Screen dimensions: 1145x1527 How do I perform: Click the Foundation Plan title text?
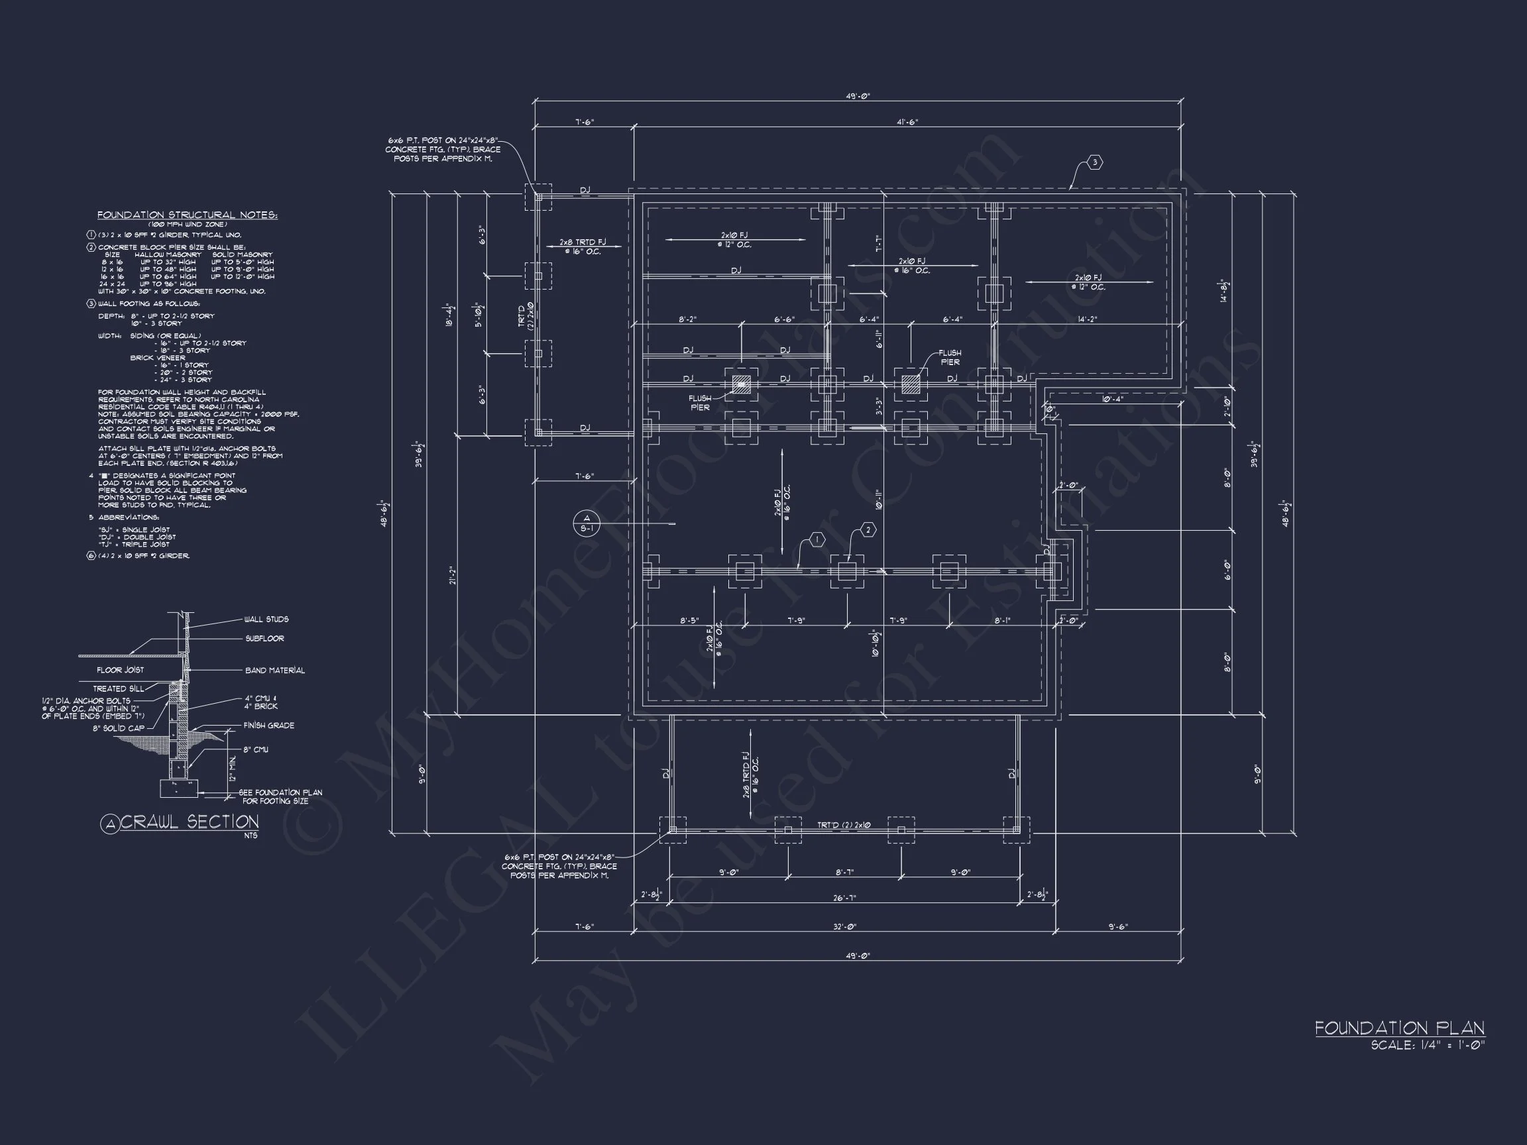1399,1028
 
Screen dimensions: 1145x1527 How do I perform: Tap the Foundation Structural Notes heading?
187,215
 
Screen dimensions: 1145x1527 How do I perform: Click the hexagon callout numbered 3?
1095,163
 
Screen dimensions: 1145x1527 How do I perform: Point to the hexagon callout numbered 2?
868,530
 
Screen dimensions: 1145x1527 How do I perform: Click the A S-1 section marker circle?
587,524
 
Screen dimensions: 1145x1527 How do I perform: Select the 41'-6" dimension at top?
907,122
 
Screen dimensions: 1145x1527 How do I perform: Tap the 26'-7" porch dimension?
844,898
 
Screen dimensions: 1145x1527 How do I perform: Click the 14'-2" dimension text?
1086,319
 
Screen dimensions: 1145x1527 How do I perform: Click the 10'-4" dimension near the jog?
1112,399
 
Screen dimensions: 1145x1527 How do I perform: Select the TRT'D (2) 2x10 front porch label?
844,825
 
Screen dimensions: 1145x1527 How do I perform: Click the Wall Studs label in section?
266,620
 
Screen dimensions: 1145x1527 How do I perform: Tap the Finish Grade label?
268,726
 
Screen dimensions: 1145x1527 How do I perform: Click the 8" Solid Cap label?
119,728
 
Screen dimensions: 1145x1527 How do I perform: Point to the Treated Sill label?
119,689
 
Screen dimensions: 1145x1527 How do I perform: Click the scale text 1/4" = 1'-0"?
1427,1046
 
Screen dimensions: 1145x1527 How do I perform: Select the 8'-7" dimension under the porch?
844,873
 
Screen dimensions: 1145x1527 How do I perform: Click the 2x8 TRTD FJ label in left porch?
583,247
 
